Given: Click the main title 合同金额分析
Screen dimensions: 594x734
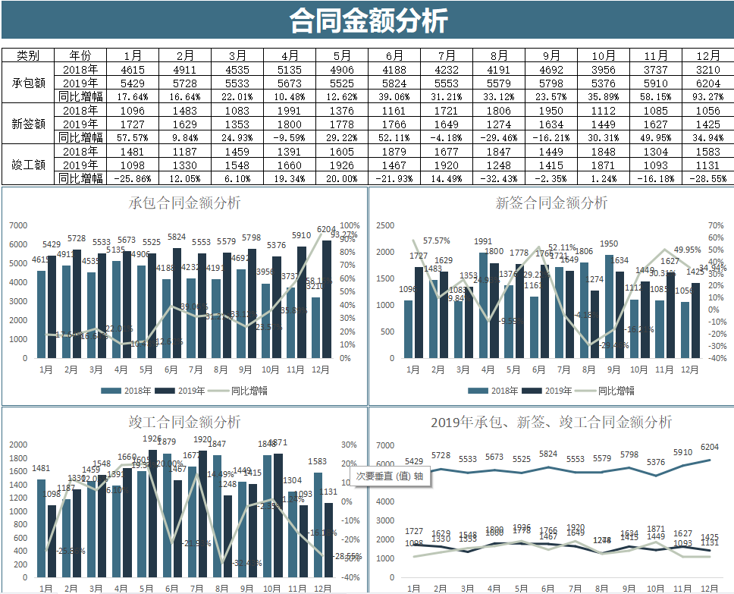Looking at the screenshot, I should click(367, 20).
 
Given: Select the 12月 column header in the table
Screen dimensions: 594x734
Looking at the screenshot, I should click(707, 55).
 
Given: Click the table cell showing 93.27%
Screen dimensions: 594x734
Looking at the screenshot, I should click(707, 96).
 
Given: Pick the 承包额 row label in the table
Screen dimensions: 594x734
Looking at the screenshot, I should click(29, 83).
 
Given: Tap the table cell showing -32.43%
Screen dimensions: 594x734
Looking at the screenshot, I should click(498, 178).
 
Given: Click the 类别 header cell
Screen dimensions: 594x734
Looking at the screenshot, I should click(29, 55).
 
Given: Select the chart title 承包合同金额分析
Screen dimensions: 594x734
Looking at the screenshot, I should click(184, 203).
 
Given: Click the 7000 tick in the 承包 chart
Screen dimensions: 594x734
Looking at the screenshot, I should click(18, 225).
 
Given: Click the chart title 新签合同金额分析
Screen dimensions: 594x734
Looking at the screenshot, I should click(551, 203).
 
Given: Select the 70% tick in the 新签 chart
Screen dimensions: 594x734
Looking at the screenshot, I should click(716, 225).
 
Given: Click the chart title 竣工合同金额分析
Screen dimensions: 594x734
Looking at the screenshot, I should click(184, 422).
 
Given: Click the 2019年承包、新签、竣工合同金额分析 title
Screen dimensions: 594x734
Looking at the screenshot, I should click(551, 422).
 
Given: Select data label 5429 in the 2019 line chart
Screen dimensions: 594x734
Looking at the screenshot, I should click(414, 461).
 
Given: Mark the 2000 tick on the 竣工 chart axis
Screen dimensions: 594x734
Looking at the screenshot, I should click(18, 445).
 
